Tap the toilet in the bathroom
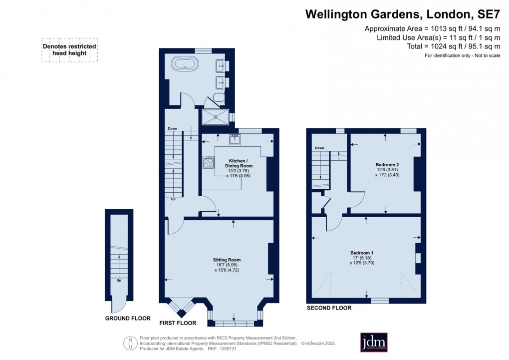tap(219, 97)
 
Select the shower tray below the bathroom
tap(215, 117)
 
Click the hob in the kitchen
tap(208, 162)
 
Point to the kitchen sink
tap(235, 138)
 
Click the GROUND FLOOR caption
tap(128, 318)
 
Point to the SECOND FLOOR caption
tap(329, 308)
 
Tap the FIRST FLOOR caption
tap(179, 323)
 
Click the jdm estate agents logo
tap(374, 342)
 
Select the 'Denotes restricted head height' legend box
tap(69, 50)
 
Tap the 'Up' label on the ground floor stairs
tap(119, 280)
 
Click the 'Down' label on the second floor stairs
tap(319, 148)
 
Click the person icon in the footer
tap(130, 343)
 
